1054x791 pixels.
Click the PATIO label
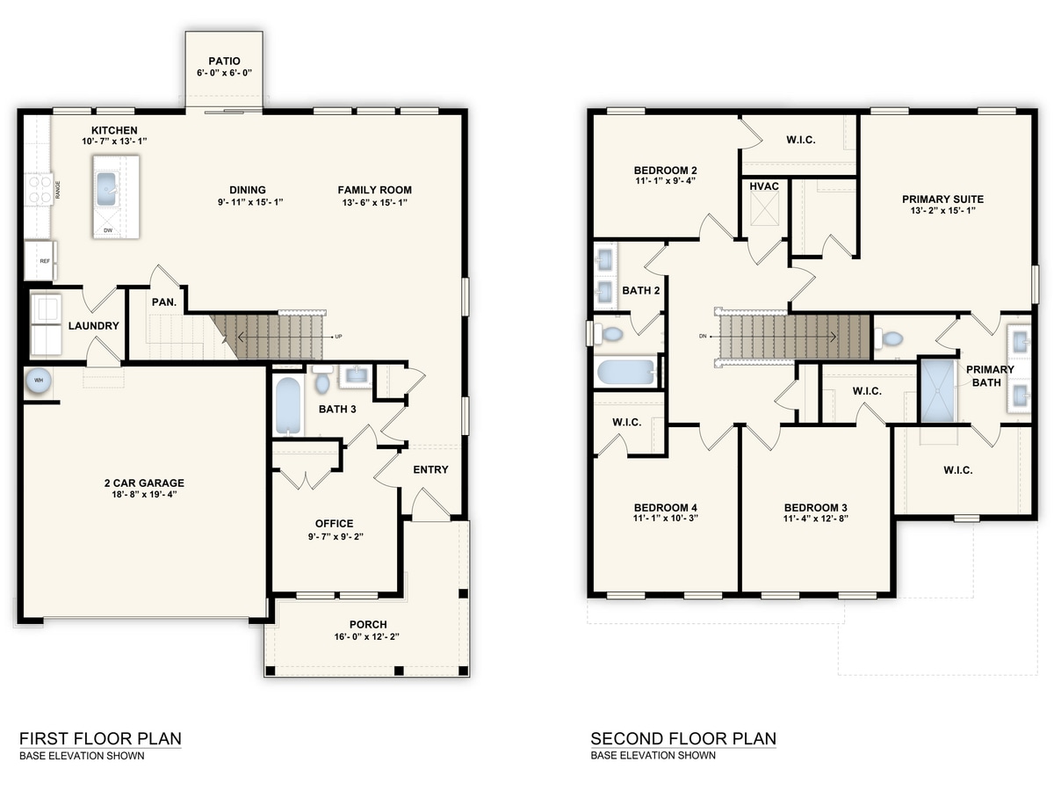point(224,61)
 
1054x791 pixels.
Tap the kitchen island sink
point(106,189)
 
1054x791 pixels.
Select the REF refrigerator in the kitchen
point(40,260)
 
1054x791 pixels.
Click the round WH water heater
point(39,381)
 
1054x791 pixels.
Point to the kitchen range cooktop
point(39,189)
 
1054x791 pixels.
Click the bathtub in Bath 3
point(287,406)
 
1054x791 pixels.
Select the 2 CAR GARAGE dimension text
point(145,494)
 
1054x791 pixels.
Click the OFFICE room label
point(335,523)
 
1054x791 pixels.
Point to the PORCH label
point(368,624)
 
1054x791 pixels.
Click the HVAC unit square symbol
point(764,209)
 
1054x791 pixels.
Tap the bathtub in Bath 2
point(626,372)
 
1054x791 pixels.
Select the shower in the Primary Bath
point(937,391)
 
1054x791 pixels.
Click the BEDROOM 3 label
point(815,507)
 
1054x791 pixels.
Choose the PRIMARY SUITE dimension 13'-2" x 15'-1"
point(942,210)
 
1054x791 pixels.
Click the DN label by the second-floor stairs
point(703,337)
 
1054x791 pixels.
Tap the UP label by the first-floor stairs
point(338,337)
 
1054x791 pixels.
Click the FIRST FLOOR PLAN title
point(100,738)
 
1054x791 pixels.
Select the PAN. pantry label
point(164,302)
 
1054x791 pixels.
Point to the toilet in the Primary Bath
point(888,338)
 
